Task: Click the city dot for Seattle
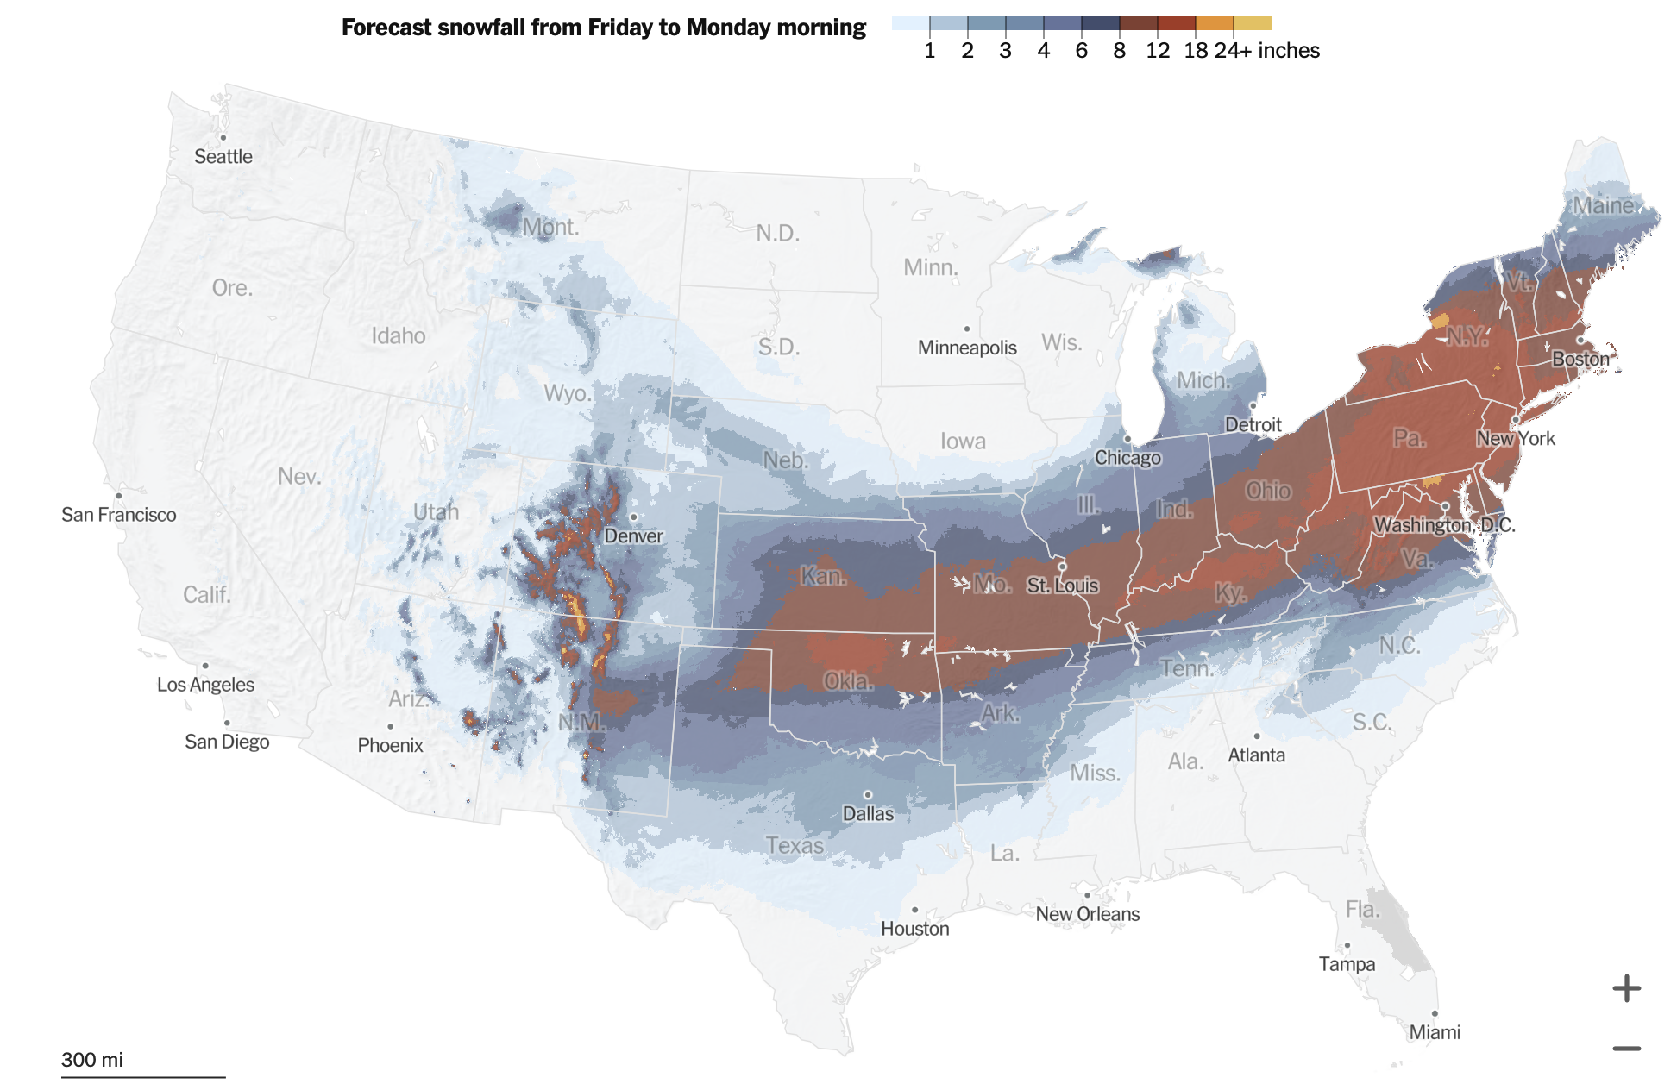[x=223, y=138]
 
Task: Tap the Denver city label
[x=633, y=536]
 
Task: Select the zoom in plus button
[x=1626, y=988]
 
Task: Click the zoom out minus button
[x=1626, y=1049]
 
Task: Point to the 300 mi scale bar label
[x=91, y=1060]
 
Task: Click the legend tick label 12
[x=1157, y=51]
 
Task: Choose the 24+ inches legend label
[x=1266, y=51]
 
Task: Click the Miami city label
[x=1434, y=1032]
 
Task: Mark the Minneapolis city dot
[x=967, y=329]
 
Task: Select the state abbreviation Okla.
[x=847, y=681]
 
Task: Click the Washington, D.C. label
[x=1444, y=525]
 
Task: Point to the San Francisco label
[x=119, y=515]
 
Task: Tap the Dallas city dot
[x=867, y=795]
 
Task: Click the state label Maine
[x=1603, y=205]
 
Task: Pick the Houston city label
[x=914, y=929]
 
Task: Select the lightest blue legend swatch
[x=910, y=23]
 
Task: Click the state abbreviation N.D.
[x=777, y=233]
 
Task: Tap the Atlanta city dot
[x=1257, y=736]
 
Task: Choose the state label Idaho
[x=398, y=335]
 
